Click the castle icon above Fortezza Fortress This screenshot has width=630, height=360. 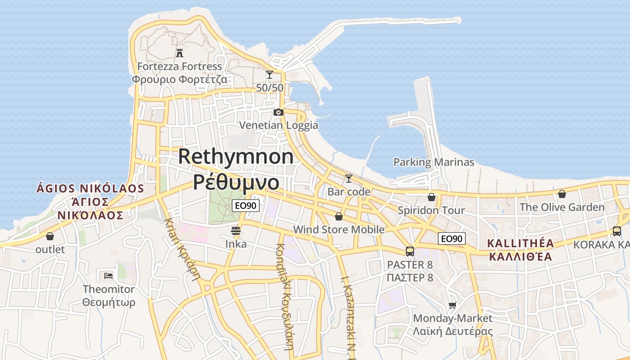coord(180,53)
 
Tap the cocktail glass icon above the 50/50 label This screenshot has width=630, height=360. coord(270,75)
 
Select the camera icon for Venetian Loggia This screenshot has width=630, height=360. coord(279,112)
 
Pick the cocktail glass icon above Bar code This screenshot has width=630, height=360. coord(348,179)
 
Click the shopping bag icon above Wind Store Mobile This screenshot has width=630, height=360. coord(339,216)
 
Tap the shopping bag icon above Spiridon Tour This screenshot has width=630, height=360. coord(432,197)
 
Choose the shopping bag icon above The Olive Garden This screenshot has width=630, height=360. coord(562,194)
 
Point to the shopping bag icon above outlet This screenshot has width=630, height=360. coord(50,236)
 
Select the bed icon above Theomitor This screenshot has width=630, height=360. coord(108,275)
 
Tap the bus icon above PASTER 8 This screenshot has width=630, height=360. coord(409,251)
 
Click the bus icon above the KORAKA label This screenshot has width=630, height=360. coord(616,231)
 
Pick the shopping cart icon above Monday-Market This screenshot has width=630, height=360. coord(453,305)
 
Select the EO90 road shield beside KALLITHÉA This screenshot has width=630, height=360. coord(452,238)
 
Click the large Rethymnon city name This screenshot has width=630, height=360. coord(236,157)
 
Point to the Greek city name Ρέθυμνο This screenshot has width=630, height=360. coord(236,181)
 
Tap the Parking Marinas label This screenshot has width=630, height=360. coord(434,162)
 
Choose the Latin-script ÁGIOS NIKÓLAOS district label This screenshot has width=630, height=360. coord(90,189)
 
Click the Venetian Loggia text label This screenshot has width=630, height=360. coord(279,125)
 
